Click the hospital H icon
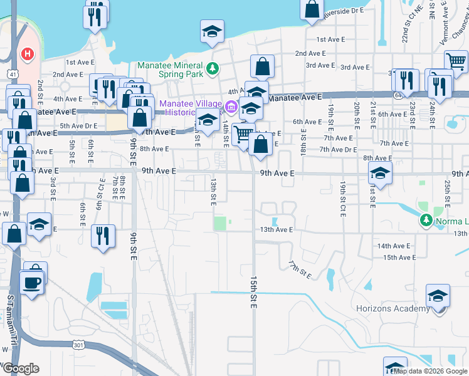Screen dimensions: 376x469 [x=27, y=54]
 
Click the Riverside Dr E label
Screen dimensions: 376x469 [x=344, y=11]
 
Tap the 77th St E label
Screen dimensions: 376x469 [x=300, y=269]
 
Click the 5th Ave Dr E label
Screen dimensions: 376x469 [x=78, y=126]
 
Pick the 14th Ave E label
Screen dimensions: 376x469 [x=394, y=246]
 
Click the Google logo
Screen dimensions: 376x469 [x=21, y=368]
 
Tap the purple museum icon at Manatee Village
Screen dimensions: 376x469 [x=230, y=108]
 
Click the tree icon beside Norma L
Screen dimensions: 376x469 [x=426, y=220]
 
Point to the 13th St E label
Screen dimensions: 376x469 [x=213, y=189]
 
